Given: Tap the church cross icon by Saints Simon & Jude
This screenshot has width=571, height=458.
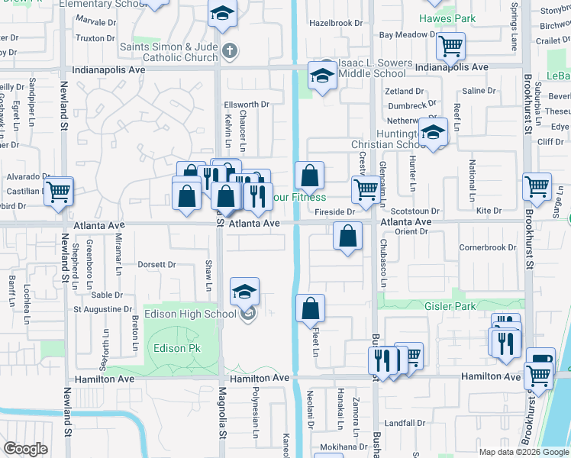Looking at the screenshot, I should point(230,52).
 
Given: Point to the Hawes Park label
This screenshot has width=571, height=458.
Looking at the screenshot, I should point(447,18).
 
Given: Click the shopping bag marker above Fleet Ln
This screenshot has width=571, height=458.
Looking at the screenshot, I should point(310,308).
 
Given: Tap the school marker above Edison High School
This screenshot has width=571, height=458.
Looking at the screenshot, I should point(244,291).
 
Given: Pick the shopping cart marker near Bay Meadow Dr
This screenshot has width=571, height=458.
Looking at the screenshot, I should point(450,45).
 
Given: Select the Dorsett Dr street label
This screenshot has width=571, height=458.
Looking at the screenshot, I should point(156,265).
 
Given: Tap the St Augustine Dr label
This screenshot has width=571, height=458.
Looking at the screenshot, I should point(102,309).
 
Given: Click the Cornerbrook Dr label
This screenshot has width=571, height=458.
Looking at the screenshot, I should point(488,247).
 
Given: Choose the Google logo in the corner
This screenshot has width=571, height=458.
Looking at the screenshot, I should point(26,449).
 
